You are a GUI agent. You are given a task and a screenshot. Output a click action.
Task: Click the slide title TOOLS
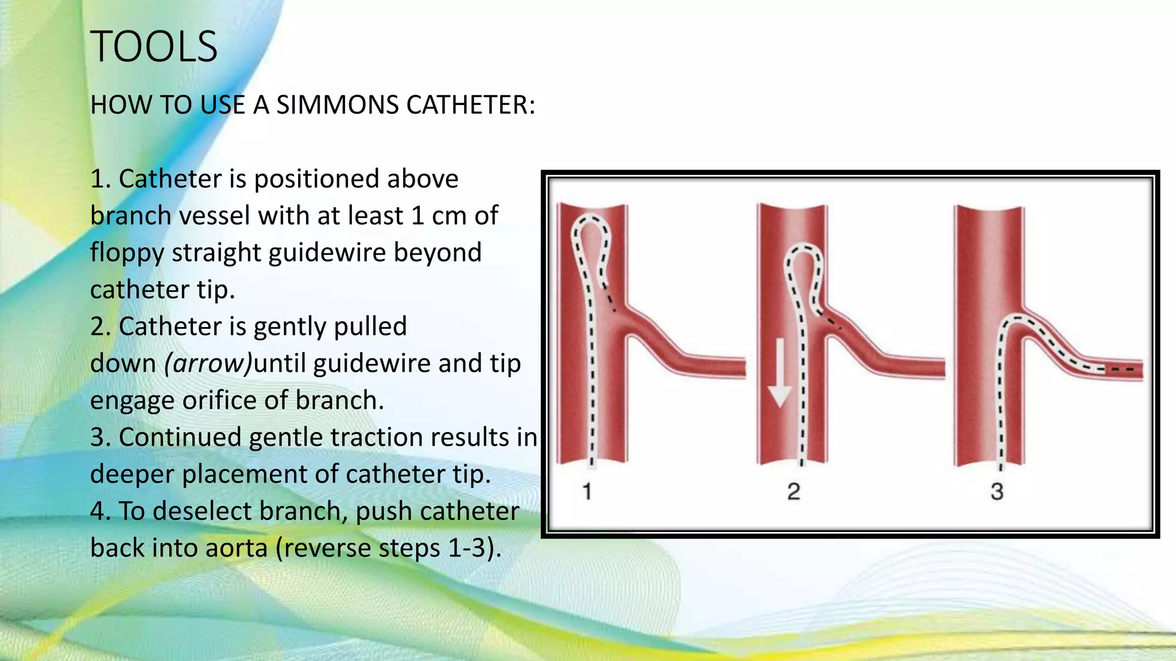pos(154,46)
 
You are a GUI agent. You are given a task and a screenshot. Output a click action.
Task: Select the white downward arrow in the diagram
pos(780,373)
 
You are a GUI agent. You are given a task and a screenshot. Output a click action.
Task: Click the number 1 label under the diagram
pos(587,492)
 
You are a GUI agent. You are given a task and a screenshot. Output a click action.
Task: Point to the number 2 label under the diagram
pos(794,492)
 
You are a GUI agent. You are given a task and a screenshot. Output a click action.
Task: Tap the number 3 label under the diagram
pos(997,492)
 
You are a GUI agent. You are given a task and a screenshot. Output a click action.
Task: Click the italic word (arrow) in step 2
pos(208,363)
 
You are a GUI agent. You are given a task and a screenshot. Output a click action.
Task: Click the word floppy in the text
pos(127,252)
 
